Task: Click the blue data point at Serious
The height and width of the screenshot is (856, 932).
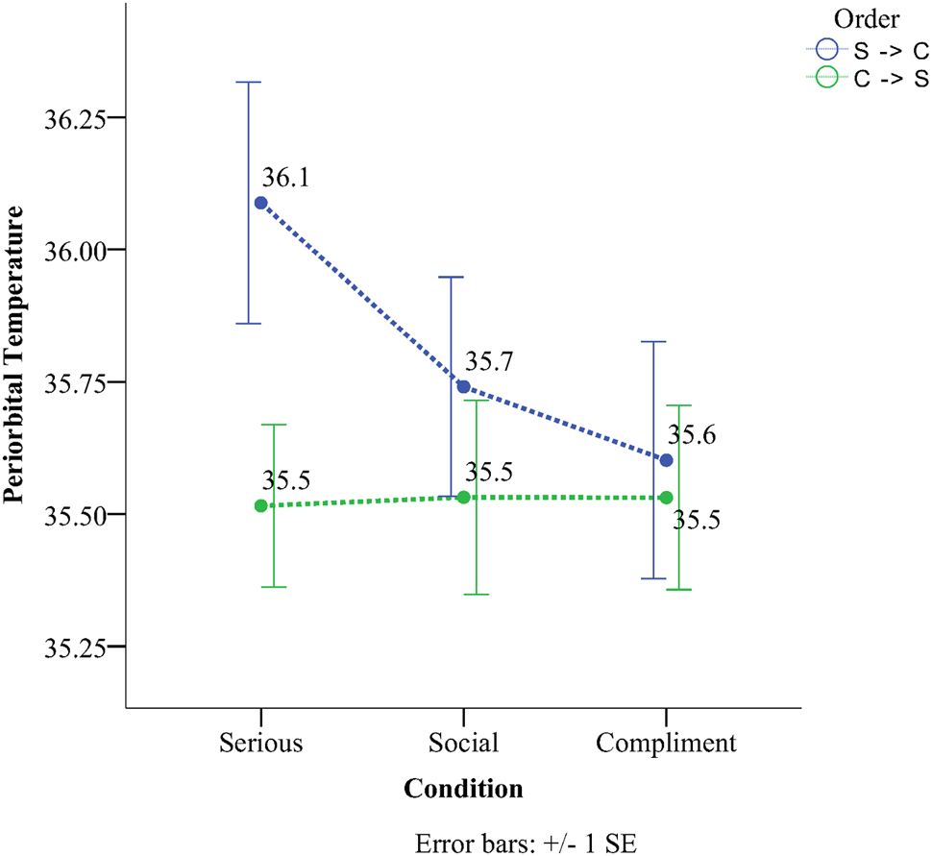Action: click(260, 203)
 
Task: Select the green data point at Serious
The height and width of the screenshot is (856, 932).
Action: click(260, 505)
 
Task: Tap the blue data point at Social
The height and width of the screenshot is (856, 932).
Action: click(463, 386)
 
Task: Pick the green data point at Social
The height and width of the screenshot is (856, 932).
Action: click(463, 497)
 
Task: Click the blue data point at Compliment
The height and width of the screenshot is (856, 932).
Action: click(667, 459)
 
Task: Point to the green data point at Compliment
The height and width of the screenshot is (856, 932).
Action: click(667, 497)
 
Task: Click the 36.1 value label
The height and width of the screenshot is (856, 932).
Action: click(285, 179)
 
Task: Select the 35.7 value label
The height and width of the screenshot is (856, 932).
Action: click(489, 362)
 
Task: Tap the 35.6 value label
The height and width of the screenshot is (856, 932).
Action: click(693, 435)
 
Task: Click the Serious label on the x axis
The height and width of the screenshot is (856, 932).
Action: click(260, 743)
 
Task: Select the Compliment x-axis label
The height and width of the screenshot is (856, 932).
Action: click(666, 743)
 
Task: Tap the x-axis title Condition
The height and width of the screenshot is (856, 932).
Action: click(463, 789)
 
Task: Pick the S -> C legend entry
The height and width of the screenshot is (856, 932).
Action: click(866, 52)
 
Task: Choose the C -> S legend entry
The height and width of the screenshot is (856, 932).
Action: click(866, 80)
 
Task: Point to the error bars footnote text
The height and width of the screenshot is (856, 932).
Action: click(526, 843)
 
